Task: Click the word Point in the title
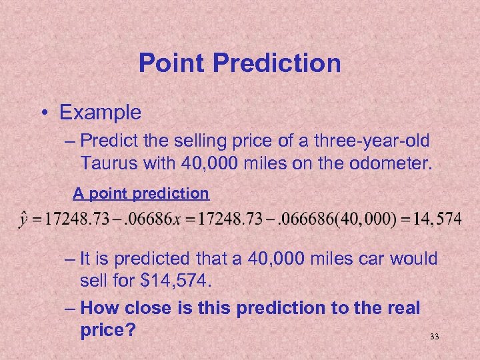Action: tap(169, 63)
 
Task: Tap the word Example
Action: tap(101, 112)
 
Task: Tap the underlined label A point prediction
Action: tap(141, 193)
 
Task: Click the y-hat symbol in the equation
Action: tap(25, 219)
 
